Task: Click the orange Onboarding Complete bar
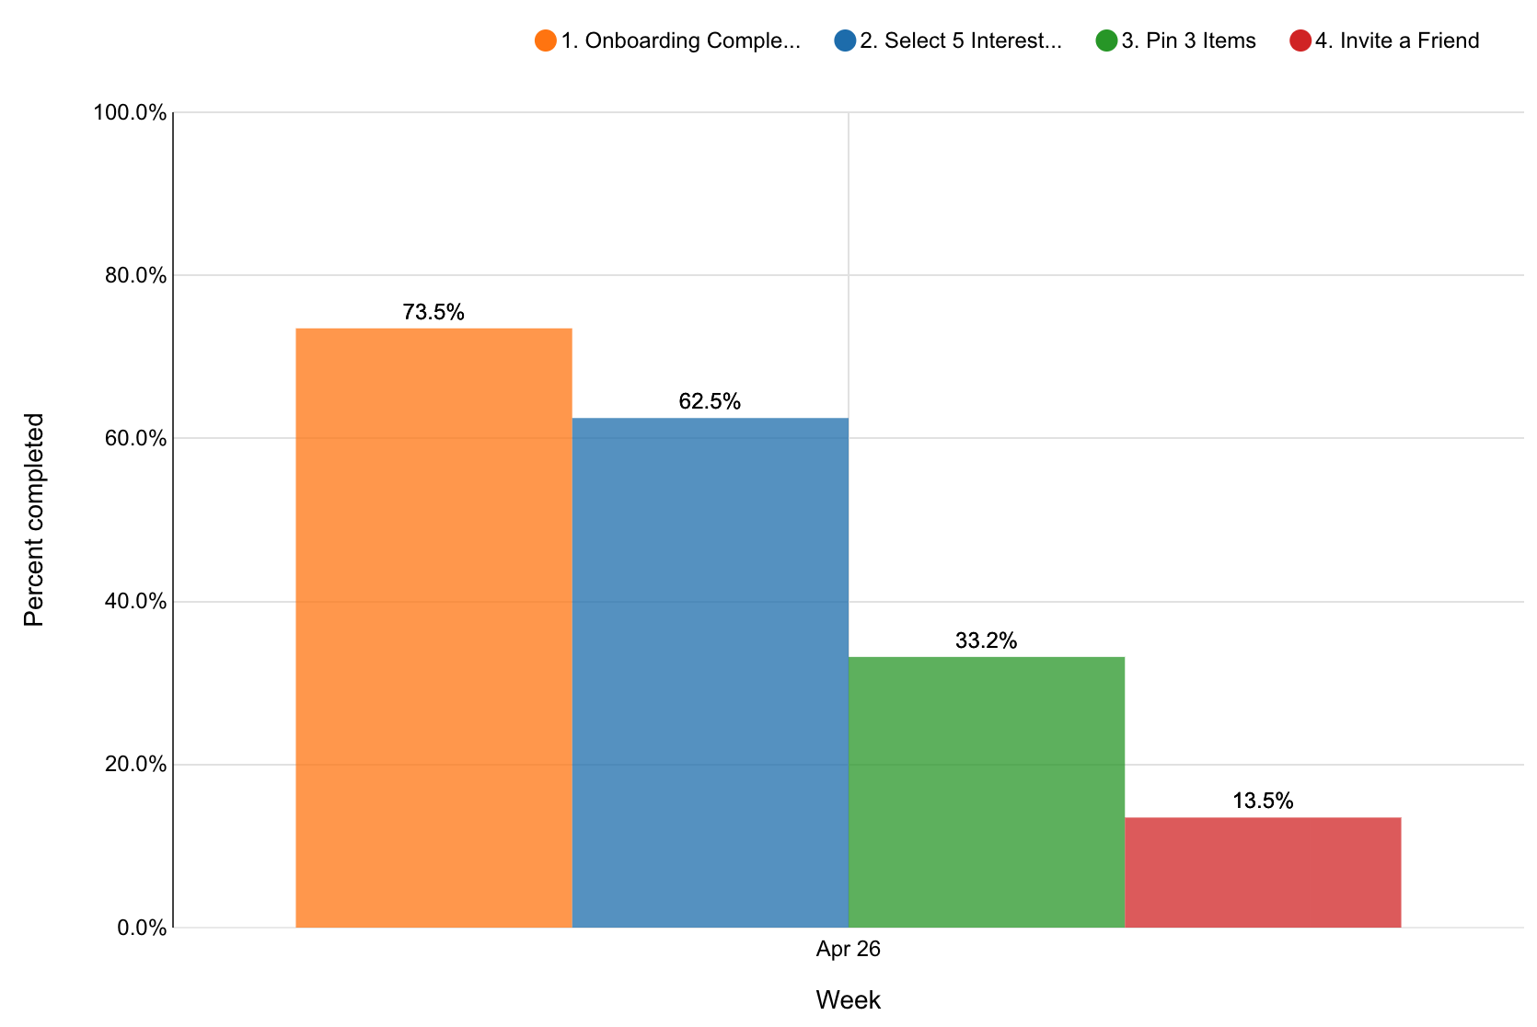tap(433, 628)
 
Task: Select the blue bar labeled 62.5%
tap(710, 673)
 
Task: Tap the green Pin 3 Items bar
tap(986, 791)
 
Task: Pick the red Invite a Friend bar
tap(1263, 871)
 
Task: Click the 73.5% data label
tap(433, 313)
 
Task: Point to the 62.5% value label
tap(710, 402)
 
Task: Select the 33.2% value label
tap(986, 641)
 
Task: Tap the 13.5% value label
tap(1263, 802)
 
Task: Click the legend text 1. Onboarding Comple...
tap(680, 41)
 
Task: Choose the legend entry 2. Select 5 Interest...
tap(960, 41)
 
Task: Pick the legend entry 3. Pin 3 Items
tap(1188, 41)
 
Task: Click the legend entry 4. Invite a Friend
tap(1396, 41)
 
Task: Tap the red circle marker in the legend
tap(1300, 41)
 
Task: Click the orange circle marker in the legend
tap(545, 41)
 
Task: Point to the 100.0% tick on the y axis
tap(130, 113)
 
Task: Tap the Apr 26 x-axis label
tap(848, 950)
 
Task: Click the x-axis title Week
tap(848, 1000)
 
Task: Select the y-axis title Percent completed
tap(34, 520)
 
